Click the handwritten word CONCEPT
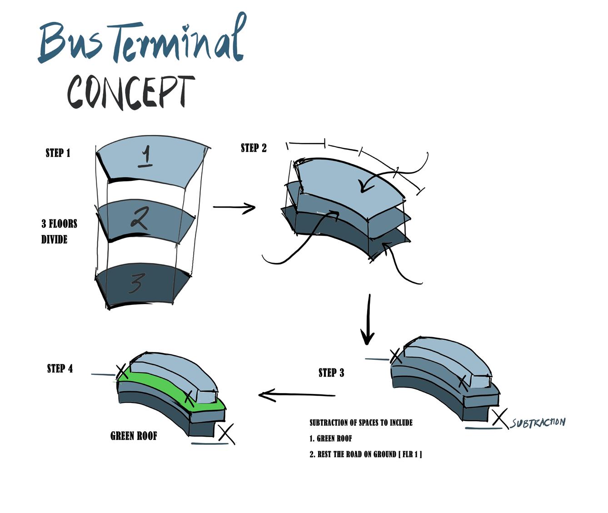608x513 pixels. point(131,92)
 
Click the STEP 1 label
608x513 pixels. point(58,153)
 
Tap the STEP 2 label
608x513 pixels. point(254,148)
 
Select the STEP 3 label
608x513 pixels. point(331,373)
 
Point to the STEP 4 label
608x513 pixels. point(60,369)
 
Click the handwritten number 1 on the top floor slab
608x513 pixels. point(145,157)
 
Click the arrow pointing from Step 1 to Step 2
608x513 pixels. point(234,208)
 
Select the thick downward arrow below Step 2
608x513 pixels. point(368,320)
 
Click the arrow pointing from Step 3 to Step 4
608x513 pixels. point(296,395)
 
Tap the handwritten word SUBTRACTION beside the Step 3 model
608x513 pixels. point(538,423)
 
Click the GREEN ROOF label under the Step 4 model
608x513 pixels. point(134,436)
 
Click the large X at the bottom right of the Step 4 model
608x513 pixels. point(226,433)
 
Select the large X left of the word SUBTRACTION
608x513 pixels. point(500,418)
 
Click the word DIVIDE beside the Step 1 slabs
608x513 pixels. point(54,239)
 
